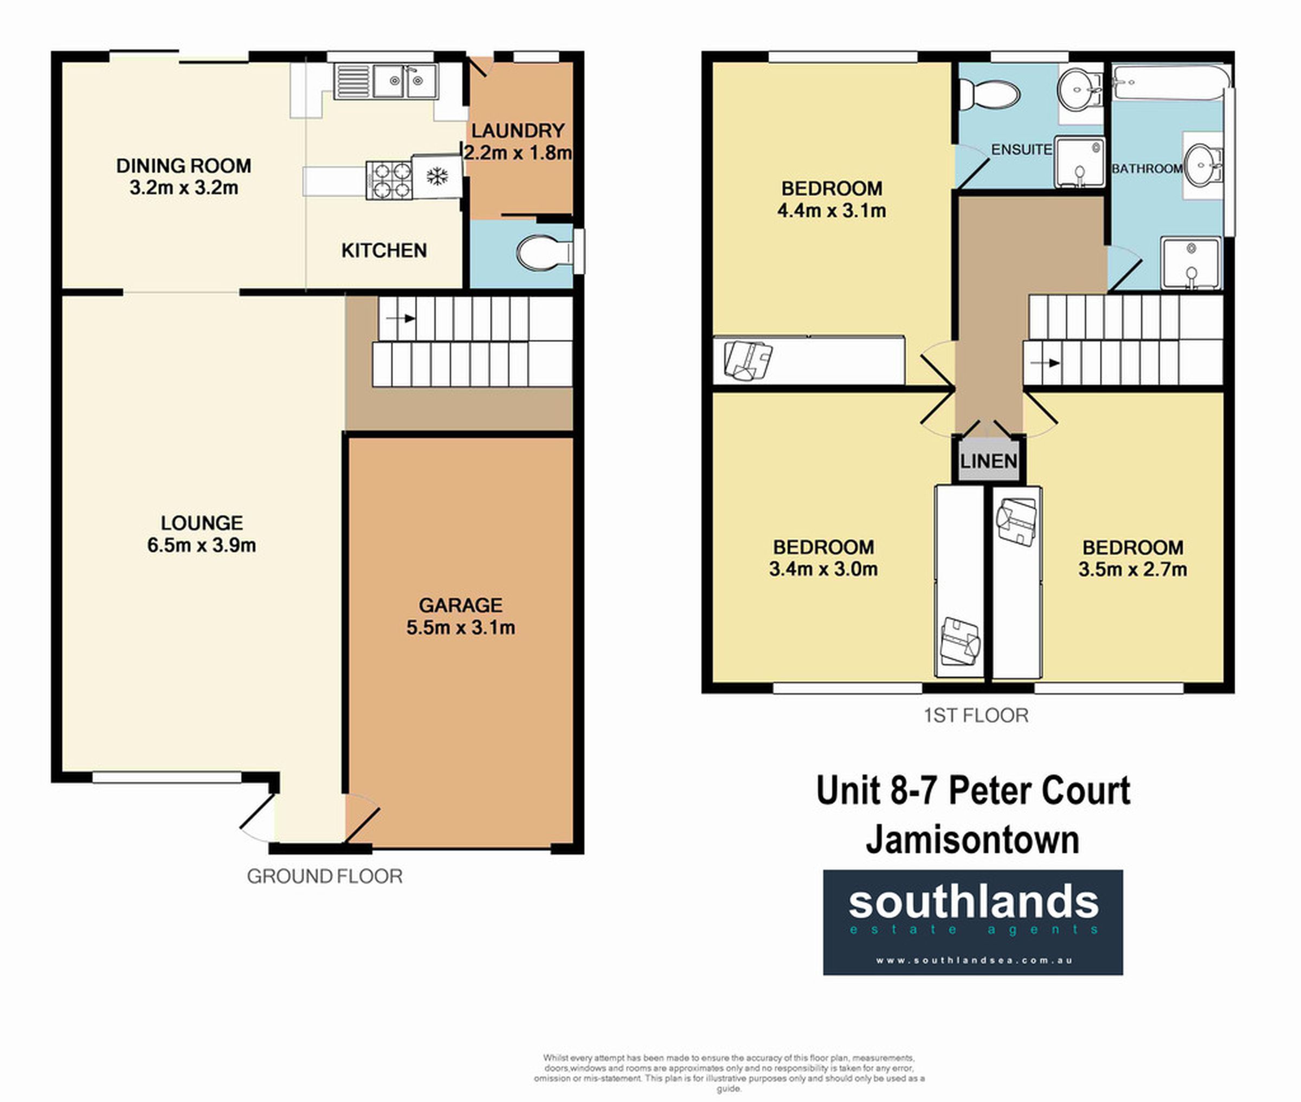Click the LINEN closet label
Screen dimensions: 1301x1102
pos(989,462)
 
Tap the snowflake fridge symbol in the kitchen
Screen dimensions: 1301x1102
pos(437,176)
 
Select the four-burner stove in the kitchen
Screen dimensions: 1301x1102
pos(389,180)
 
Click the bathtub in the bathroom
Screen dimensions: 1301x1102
pos(1169,83)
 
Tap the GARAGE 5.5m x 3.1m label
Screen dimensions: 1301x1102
pos(461,616)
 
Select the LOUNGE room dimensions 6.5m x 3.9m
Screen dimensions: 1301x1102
pos(201,544)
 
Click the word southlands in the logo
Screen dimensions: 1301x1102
pos(973,902)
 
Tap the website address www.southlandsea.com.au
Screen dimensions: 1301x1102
pos(974,960)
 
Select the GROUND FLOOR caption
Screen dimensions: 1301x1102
pos(324,877)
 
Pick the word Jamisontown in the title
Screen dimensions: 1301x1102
pos(972,840)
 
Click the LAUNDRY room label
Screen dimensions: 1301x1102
pos(517,131)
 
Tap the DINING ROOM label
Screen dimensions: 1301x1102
pos(184,166)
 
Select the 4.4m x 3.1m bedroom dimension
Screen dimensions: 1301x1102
pos(831,211)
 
